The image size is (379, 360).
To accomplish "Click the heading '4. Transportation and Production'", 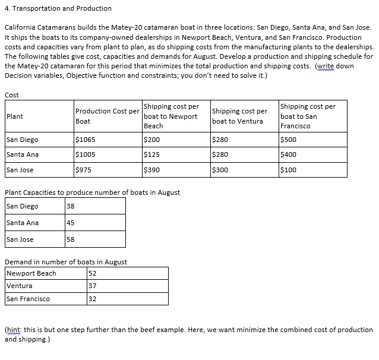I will tap(58, 8).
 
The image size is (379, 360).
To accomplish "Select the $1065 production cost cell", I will tap(86, 140).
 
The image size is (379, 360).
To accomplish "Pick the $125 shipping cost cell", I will tap(153, 154).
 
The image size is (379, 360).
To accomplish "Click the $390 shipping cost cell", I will tap(153, 170).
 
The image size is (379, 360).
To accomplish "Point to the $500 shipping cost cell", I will tap(288, 140).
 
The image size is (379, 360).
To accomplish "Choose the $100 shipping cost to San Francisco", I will tap(288, 170).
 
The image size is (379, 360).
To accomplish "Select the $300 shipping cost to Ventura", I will tap(220, 170).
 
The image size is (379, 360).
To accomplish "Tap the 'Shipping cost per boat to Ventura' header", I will tap(239, 116).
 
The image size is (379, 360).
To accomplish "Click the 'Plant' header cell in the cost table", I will tap(15, 116).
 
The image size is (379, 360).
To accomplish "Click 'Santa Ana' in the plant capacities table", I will tap(23, 223).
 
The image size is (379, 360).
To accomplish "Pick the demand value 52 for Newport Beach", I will tap(92, 273).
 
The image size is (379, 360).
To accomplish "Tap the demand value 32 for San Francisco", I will tap(92, 299).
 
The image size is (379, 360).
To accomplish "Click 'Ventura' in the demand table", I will tap(19, 286).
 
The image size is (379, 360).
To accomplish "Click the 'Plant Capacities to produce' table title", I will tap(92, 192).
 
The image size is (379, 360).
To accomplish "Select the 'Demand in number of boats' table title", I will tap(65, 262).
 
